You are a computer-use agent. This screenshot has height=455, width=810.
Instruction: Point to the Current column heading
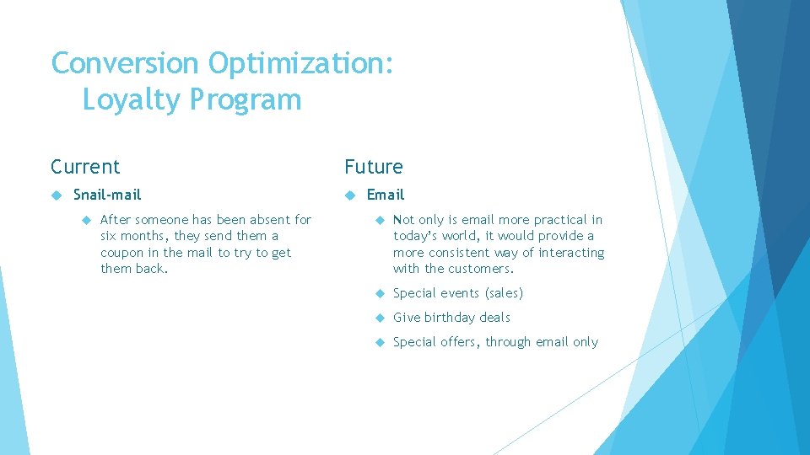[x=85, y=167]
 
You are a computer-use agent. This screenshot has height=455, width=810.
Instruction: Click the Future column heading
[x=373, y=167]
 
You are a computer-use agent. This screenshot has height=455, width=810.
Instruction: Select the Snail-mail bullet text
[x=107, y=195]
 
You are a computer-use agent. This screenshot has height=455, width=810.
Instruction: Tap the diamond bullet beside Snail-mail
[x=56, y=195]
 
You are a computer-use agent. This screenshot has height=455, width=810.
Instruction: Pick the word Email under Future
[x=386, y=195]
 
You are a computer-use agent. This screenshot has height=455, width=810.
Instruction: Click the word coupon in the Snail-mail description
[x=121, y=253]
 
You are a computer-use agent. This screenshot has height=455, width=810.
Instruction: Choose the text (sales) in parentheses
[x=504, y=293]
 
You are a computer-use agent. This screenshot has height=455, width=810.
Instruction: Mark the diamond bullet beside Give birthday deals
[x=380, y=318]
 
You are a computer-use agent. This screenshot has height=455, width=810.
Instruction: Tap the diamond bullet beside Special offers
[x=380, y=342]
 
